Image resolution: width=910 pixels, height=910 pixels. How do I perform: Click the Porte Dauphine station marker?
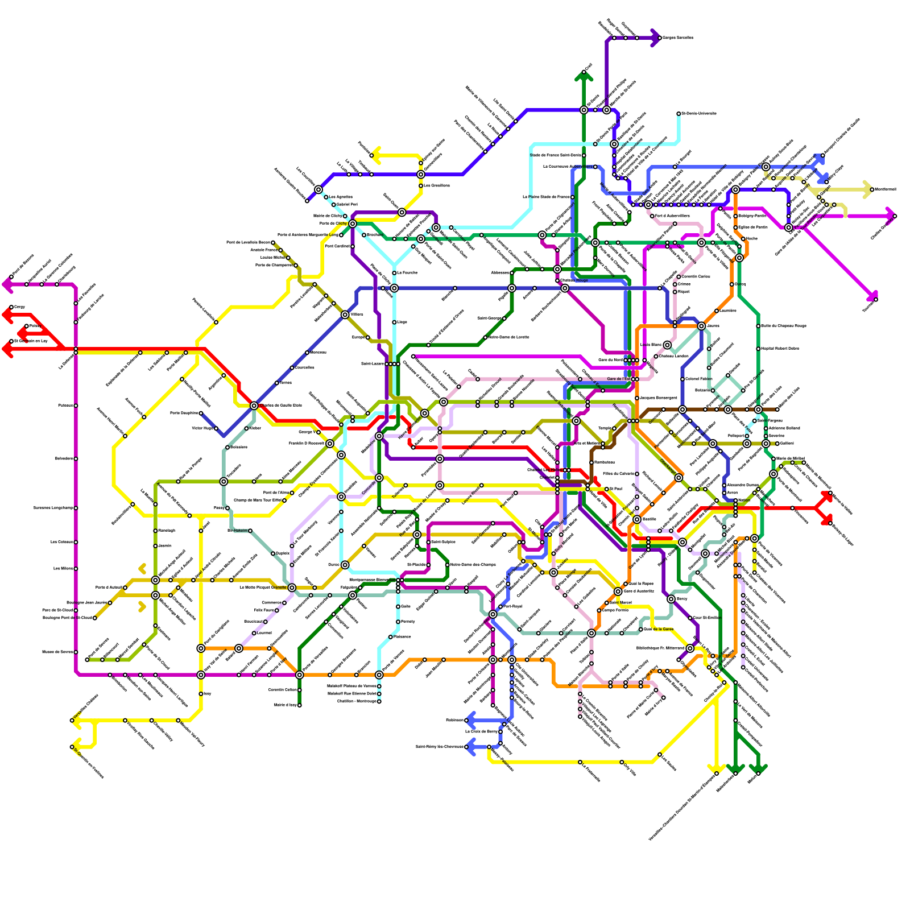201,413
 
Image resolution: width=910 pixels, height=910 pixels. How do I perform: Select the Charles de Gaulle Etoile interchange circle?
254,406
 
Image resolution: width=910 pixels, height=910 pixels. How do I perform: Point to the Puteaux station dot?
76,406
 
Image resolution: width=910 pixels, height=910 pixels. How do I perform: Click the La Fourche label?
407,273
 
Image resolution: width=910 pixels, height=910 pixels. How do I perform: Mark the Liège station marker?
394,322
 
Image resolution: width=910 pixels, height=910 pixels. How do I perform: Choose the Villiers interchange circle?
345,315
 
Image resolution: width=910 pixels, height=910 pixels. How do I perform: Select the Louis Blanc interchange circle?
667,345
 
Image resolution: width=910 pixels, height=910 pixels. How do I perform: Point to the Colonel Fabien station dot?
682,379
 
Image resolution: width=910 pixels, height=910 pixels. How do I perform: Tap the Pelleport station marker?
747,436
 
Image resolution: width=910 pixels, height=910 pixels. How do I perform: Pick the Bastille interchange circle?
637,519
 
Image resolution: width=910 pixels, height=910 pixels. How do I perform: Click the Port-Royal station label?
513,607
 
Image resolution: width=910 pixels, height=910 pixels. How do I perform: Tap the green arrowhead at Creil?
584,74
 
